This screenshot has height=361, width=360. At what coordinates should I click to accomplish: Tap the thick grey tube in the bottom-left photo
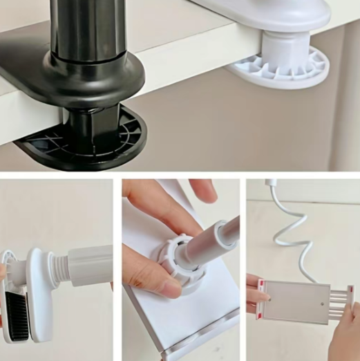90,266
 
